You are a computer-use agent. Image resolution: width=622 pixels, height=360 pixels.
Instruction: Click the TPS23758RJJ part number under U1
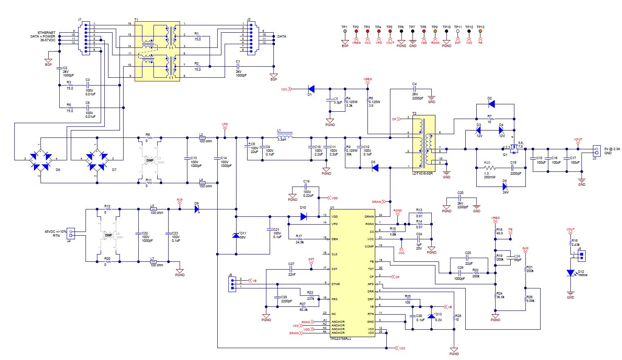pos(340,339)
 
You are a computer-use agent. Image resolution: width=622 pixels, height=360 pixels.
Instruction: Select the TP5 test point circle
pos(390,31)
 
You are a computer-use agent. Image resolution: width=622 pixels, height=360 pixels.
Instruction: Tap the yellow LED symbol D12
pos(570,273)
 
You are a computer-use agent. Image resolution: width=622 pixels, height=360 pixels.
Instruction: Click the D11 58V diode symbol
pos(236,235)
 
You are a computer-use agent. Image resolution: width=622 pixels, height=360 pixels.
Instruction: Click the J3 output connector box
pos(596,151)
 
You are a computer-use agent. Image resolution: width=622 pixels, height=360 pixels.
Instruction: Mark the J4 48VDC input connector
pos(71,233)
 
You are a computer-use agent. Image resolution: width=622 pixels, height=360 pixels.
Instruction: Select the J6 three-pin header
pos(232,283)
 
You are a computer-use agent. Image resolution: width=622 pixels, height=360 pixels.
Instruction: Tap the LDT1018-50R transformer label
pos(422,173)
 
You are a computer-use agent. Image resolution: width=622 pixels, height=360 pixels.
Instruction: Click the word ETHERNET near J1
pos(47,33)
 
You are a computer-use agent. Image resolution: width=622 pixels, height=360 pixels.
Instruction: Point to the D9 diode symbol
pos(197,209)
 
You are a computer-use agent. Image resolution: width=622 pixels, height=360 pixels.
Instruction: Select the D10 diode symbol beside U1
pos(303,217)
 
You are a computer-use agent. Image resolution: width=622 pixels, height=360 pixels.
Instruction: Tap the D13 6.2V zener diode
pos(430,316)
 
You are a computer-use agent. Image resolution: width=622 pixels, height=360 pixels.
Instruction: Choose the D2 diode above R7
pos(491,104)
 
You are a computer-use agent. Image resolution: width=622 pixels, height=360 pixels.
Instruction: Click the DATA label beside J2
pos(282,36)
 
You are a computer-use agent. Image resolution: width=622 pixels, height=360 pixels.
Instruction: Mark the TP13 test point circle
pos(480,31)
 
